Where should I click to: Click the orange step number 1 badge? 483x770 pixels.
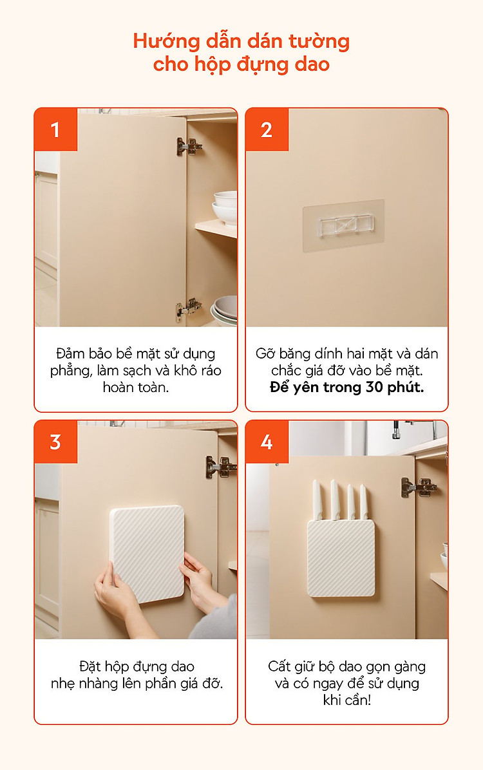tap(55, 129)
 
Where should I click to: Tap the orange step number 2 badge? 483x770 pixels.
tap(267, 129)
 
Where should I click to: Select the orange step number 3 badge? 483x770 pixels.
tap(55, 442)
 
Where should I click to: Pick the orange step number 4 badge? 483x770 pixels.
tap(267, 442)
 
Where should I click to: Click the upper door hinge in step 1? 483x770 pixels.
tap(189, 146)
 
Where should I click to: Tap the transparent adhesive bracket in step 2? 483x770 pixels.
tap(343, 225)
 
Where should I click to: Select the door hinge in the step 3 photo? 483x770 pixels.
tap(220, 467)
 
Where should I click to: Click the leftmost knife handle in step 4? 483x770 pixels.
tap(317, 500)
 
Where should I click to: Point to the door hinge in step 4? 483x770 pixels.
tap(419, 487)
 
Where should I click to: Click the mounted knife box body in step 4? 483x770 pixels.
tap(341, 558)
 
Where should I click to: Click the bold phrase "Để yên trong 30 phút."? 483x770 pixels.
tap(347, 388)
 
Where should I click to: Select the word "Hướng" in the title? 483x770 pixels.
tap(166, 42)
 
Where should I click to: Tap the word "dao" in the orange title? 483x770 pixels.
tap(312, 64)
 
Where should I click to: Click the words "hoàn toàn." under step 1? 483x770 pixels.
tap(136, 388)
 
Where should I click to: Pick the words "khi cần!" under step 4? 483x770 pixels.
tap(347, 700)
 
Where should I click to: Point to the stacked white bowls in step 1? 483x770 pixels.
tap(225, 207)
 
